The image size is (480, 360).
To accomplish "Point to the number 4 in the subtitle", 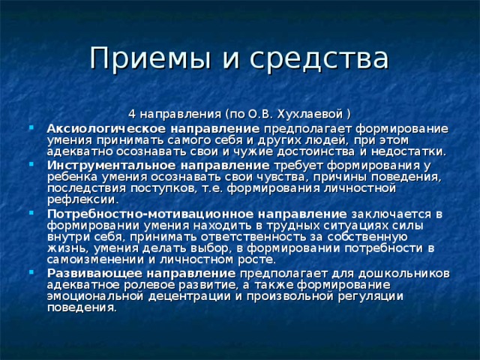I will pyautogui.click(x=132, y=114).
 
